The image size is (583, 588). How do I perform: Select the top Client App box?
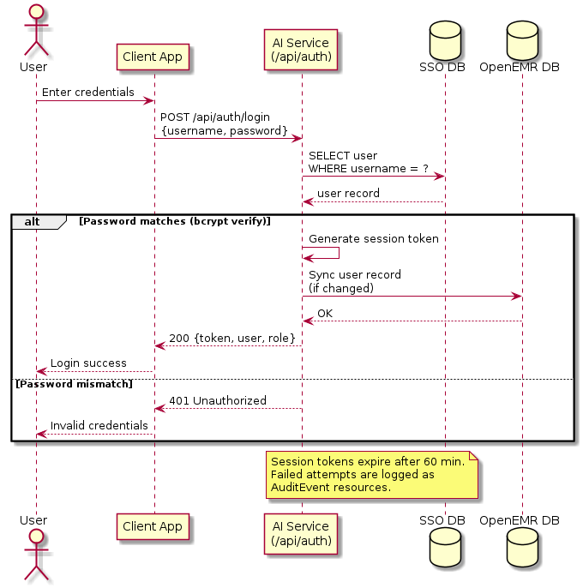click(152, 57)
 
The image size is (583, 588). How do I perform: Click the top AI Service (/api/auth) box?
click(301, 50)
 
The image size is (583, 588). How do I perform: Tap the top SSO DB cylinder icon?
click(442, 39)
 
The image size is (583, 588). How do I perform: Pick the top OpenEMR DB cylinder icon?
click(519, 39)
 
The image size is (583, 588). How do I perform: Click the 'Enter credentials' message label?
click(88, 92)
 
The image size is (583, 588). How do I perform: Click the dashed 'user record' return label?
click(348, 194)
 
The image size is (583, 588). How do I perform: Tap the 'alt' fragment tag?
click(33, 221)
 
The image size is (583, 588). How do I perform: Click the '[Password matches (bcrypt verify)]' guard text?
click(174, 221)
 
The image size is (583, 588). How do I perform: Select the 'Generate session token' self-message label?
click(374, 239)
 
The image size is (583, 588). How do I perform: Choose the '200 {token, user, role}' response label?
click(231, 338)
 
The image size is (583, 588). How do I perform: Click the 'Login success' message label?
click(88, 363)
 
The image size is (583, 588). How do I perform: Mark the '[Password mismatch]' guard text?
click(74, 384)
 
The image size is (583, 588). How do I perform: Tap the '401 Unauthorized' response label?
click(218, 400)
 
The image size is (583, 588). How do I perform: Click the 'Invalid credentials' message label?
click(99, 426)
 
